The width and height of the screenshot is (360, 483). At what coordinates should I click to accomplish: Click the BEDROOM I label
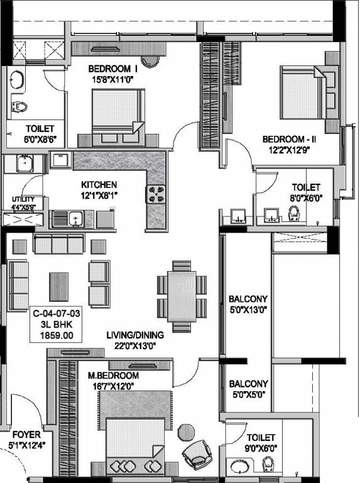click(x=112, y=69)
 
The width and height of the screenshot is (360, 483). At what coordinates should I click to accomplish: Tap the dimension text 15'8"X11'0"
click(x=112, y=79)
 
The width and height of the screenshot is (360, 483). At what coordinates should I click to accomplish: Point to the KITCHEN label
click(x=99, y=185)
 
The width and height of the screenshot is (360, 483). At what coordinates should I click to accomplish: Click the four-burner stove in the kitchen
click(x=156, y=194)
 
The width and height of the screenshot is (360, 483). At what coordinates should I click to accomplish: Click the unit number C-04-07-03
click(x=57, y=312)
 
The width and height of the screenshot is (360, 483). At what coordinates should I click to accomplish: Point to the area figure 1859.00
click(x=57, y=336)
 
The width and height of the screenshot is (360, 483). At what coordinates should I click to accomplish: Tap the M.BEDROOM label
click(x=112, y=375)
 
